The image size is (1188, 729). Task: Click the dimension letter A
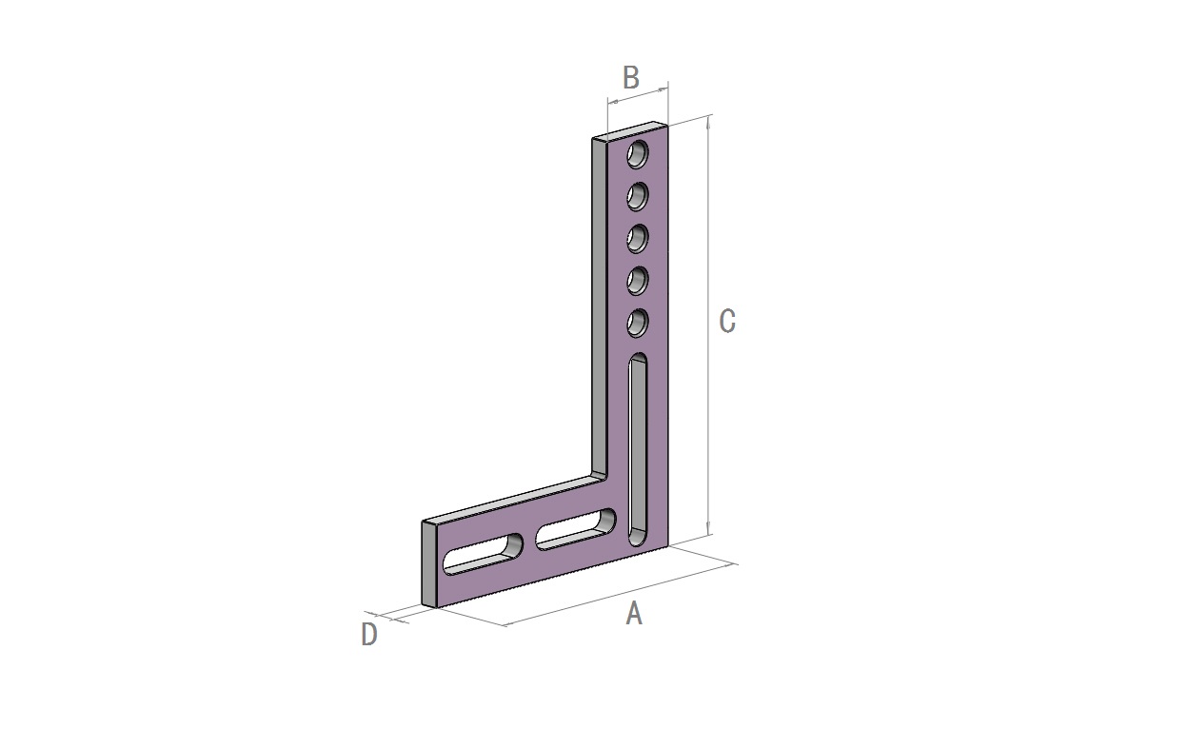tap(634, 614)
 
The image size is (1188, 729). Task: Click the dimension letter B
tap(630, 78)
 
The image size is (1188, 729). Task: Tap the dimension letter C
tap(727, 321)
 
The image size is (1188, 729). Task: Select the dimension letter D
tap(369, 634)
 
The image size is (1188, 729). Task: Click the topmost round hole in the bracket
tap(638, 154)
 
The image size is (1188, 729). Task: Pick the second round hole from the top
tap(638, 197)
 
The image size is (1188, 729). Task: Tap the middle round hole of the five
tap(638, 239)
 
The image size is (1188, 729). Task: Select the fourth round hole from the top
tap(638, 281)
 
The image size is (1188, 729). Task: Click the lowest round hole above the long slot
tap(638, 324)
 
